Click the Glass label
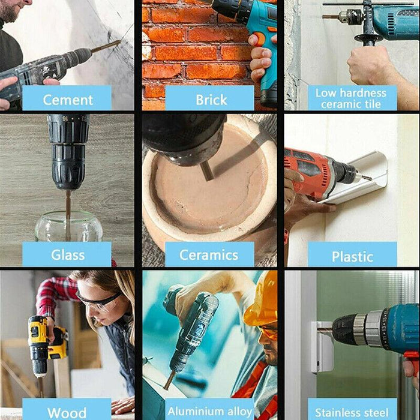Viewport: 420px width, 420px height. tap(67, 254)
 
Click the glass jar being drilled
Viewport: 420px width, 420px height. tap(68, 227)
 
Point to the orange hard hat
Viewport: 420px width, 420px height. tap(262, 299)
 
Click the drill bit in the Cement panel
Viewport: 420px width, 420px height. tap(106, 46)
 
